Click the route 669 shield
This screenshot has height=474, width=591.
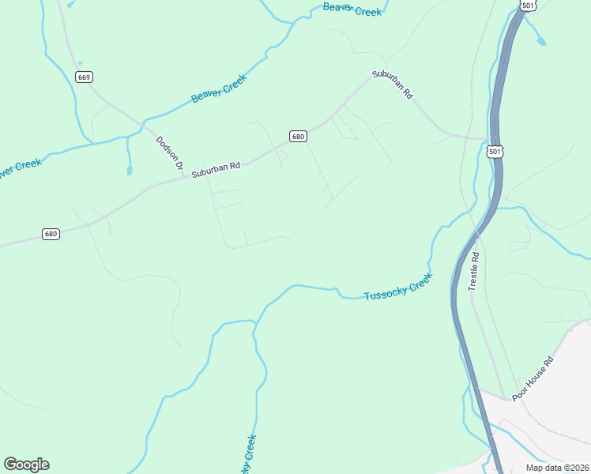[85, 77]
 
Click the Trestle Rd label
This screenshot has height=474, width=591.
[475, 272]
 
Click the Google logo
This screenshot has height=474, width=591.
[26, 465]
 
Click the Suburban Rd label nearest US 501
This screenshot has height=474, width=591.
[393, 85]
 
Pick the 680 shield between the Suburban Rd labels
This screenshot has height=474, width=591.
[297, 137]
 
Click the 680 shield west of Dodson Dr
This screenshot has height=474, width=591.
[51, 235]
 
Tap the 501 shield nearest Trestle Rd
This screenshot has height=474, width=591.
[495, 151]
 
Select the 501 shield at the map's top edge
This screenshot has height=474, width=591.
[529, 6]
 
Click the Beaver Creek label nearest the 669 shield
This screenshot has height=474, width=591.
[219, 88]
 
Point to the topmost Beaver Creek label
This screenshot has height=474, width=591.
[352, 10]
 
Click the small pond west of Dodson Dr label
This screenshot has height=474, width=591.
[129, 169]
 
